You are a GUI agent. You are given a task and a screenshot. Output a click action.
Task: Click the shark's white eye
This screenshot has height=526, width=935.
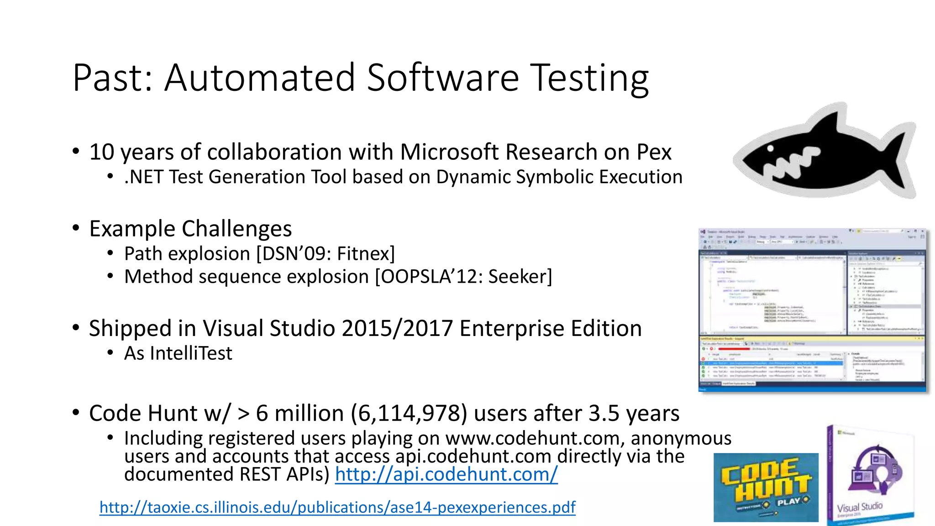771,148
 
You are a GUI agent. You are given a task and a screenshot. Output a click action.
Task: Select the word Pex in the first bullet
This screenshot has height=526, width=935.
654,152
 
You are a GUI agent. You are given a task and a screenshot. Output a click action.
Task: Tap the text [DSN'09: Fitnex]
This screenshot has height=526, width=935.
326,254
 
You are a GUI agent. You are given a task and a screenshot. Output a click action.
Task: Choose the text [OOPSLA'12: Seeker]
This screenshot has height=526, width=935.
463,277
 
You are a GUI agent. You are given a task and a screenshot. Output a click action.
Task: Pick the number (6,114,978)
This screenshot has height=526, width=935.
409,413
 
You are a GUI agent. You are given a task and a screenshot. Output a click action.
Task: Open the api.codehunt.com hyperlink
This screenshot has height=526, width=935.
446,474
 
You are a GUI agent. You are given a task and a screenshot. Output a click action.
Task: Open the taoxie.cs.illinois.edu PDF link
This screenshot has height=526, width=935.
337,507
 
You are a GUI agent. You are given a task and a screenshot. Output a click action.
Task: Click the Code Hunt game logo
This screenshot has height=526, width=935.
766,487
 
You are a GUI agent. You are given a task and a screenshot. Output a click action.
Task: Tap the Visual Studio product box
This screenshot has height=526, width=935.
870,477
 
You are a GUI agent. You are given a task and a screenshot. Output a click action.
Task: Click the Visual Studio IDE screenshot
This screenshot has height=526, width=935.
813,310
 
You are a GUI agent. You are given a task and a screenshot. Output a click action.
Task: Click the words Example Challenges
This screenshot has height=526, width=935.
190,229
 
